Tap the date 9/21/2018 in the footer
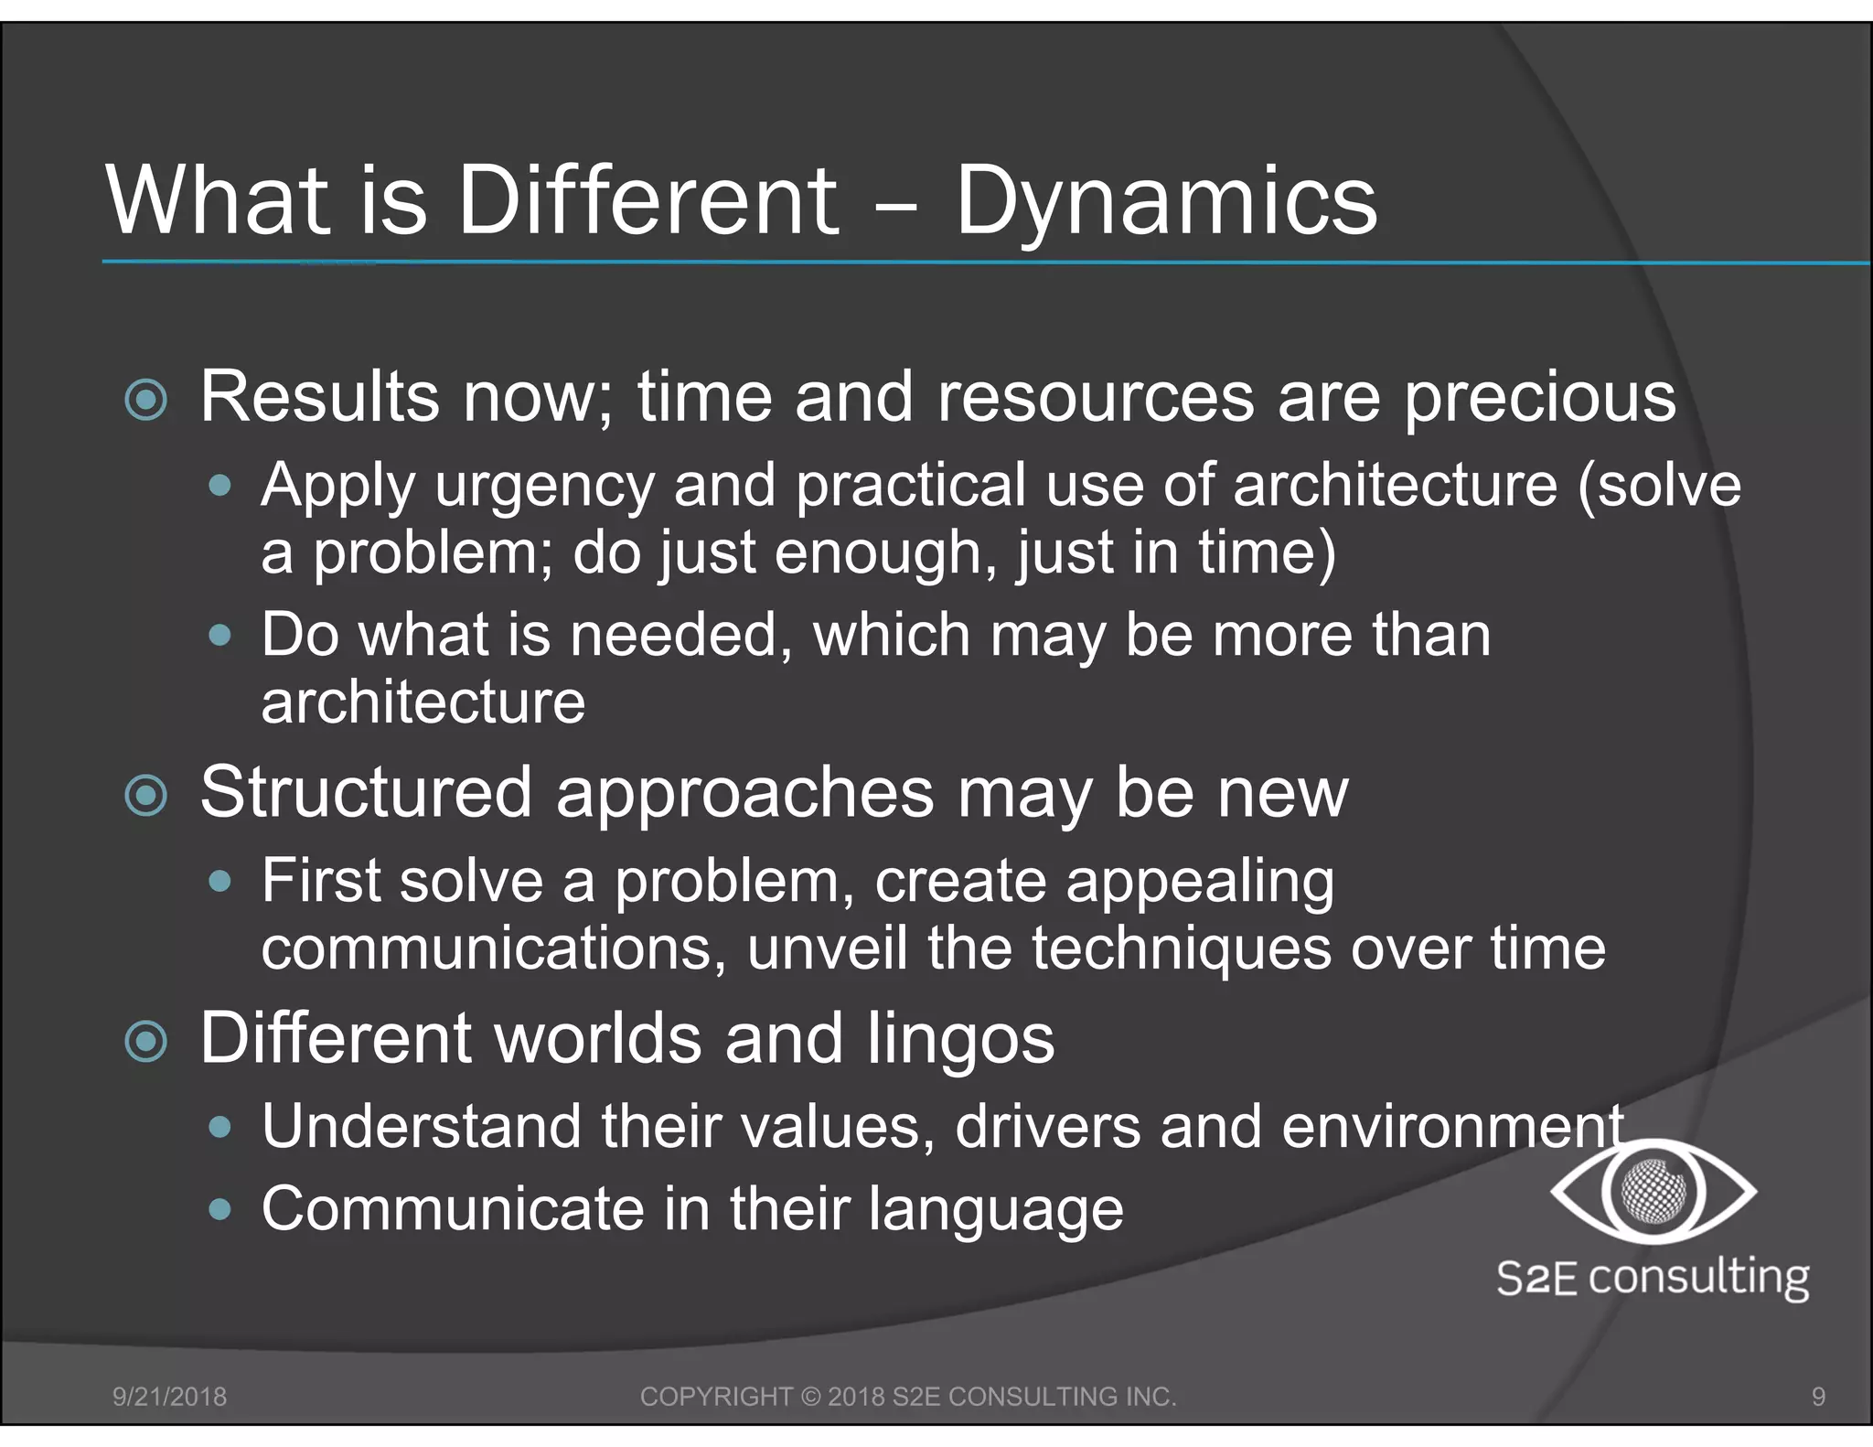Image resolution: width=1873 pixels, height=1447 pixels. coord(169,1397)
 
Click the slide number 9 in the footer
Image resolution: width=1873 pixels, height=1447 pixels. coord(1818,1397)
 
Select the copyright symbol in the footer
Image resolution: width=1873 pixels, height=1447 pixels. coord(810,1397)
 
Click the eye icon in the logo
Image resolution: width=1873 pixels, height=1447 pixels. coord(1654,1191)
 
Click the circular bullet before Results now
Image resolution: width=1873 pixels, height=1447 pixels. coord(146,400)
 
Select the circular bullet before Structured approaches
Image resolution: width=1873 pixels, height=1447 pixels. coord(146,796)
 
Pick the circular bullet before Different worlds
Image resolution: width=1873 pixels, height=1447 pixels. coord(146,1042)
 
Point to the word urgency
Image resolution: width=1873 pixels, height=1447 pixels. coord(544,487)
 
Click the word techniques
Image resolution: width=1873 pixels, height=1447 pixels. coord(1182,949)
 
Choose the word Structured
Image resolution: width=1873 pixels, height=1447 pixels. coord(366,792)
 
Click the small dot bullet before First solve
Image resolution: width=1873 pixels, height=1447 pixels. coord(219,882)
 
